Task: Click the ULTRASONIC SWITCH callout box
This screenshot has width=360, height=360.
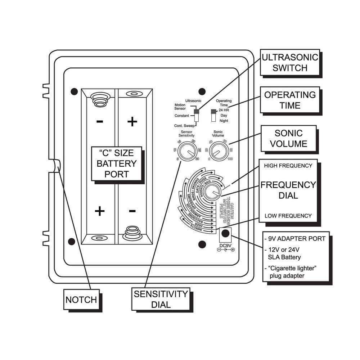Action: [290, 63]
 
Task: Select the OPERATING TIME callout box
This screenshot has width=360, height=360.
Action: [290, 100]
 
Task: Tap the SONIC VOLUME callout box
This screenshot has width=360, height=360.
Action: [288, 139]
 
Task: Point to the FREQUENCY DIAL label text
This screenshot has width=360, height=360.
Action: [288, 190]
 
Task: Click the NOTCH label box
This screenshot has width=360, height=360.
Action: [81, 300]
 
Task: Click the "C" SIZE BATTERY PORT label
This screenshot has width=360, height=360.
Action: [116, 163]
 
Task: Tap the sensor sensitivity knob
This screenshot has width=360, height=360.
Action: [186, 152]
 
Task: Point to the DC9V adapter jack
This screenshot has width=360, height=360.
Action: [226, 233]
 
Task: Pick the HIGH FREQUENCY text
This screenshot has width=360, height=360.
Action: [288, 166]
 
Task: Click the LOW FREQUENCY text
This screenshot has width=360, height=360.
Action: [288, 216]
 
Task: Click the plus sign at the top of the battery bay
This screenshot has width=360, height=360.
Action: [132, 122]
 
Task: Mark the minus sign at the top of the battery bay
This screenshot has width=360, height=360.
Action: [100, 121]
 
